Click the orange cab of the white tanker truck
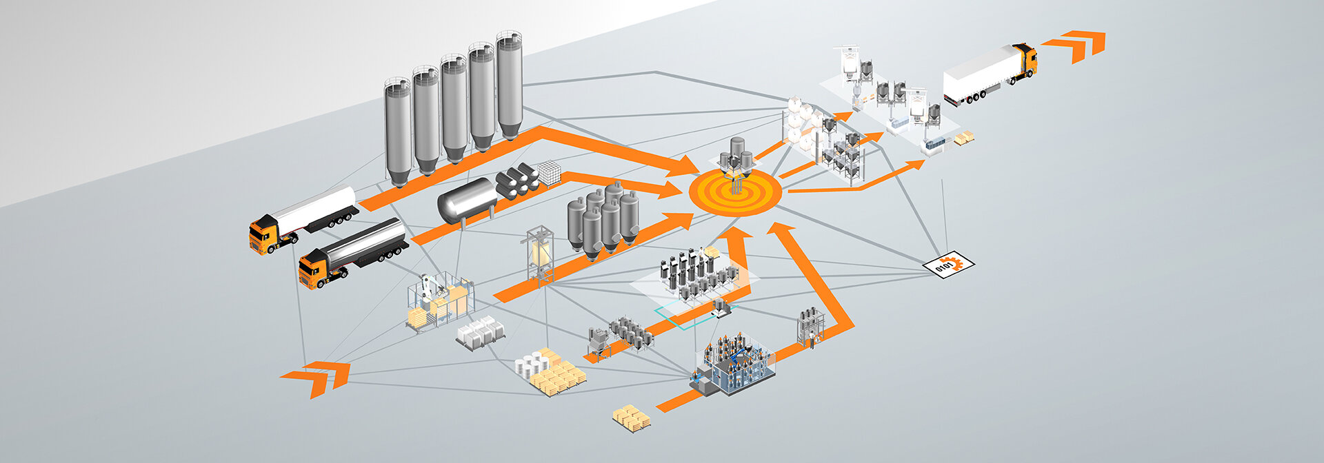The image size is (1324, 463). tap(264, 234)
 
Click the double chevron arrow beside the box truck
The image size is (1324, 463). tap(1079, 44)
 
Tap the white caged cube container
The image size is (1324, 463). tap(550, 172)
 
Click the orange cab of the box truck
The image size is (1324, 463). tap(1025, 62)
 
